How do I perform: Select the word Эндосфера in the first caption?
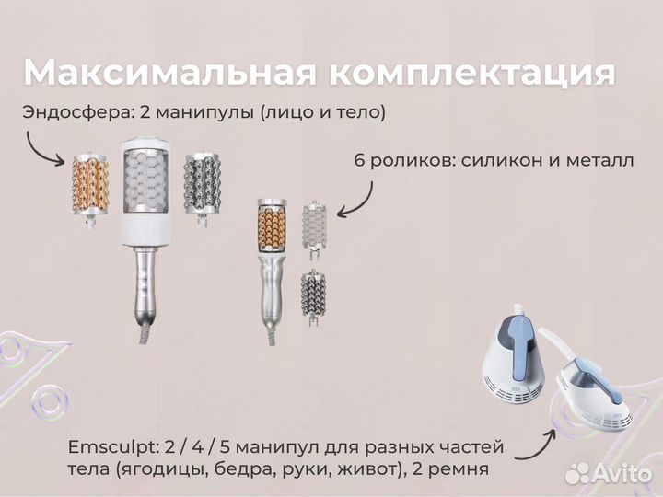75,112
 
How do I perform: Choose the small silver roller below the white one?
314,294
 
